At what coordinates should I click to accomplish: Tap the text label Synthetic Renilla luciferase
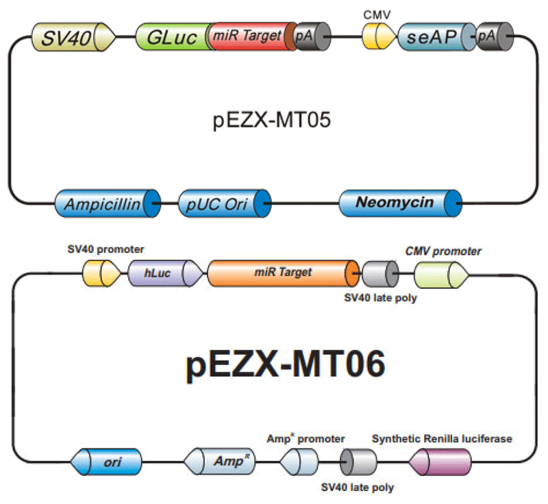[441, 438]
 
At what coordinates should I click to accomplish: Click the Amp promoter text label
[306, 438]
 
